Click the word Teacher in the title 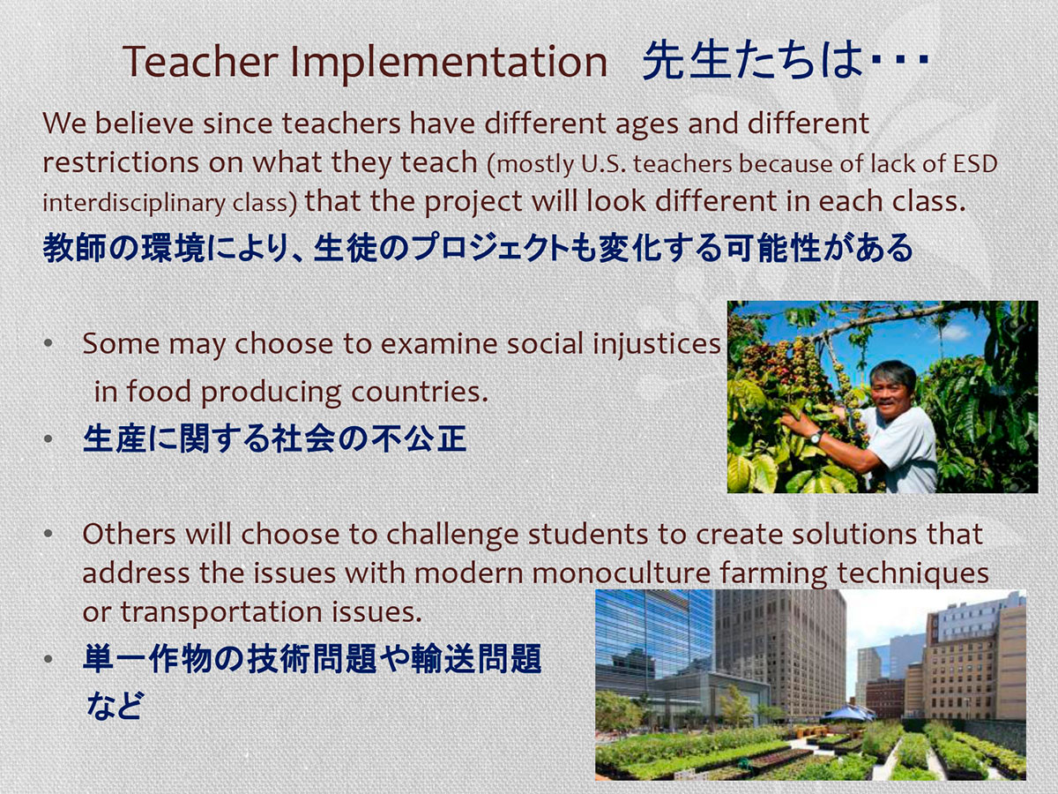(200, 61)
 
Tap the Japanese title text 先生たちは (752, 60)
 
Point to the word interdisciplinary (133, 203)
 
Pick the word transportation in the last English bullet (221, 612)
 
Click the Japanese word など (115, 705)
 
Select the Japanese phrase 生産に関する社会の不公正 (275, 438)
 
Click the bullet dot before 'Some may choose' (48, 343)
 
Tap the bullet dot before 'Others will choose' (48, 534)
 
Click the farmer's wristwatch (816, 438)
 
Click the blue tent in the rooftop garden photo (847, 712)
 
